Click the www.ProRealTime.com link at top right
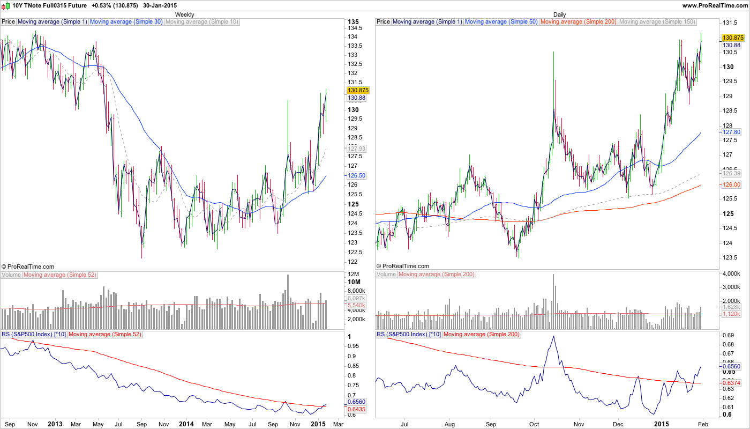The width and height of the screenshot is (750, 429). pyautogui.click(x=715, y=5)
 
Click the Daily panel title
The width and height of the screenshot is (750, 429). pyautogui.click(x=559, y=14)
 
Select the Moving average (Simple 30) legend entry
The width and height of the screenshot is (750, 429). pyautogui.click(x=126, y=22)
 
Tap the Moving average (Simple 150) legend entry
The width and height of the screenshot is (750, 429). pyautogui.click(x=657, y=22)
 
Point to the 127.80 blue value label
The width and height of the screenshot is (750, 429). pyautogui.click(x=731, y=132)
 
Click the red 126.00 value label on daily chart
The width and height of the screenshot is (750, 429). pyautogui.click(x=731, y=184)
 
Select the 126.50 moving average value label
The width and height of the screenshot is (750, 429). pyautogui.click(x=357, y=175)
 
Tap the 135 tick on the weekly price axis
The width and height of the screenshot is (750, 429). pyautogui.click(x=353, y=22)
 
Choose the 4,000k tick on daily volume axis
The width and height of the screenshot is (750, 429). pyautogui.click(x=732, y=274)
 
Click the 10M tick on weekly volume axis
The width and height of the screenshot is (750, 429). pyautogui.click(x=354, y=282)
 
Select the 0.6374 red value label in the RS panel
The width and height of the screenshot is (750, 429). pyautogui.click(x=732, y=383)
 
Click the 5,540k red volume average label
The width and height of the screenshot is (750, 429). pyautogui.click(x=357, y=305)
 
